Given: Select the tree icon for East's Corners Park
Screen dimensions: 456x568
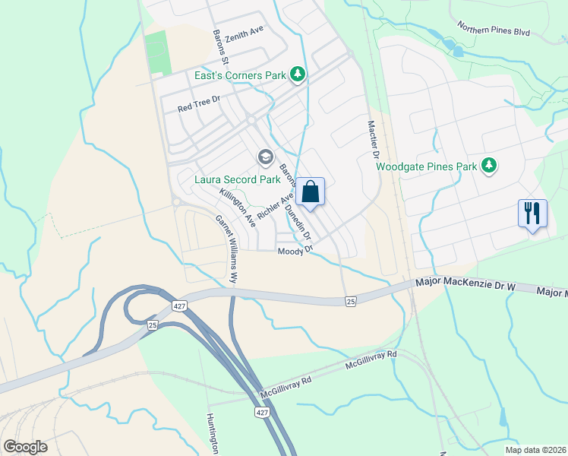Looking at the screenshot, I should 299,74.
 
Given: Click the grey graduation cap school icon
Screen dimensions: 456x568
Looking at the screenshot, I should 265,157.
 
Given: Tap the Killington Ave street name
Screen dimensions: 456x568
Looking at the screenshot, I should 238,206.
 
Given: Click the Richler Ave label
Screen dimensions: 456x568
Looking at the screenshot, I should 275,207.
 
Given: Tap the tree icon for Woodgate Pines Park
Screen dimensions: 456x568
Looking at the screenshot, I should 490,166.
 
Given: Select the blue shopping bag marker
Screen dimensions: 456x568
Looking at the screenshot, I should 311,192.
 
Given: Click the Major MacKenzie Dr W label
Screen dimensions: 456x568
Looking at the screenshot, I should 465,283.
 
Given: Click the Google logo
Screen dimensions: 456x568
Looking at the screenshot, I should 25,447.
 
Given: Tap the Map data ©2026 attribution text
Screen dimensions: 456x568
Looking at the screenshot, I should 535,450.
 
